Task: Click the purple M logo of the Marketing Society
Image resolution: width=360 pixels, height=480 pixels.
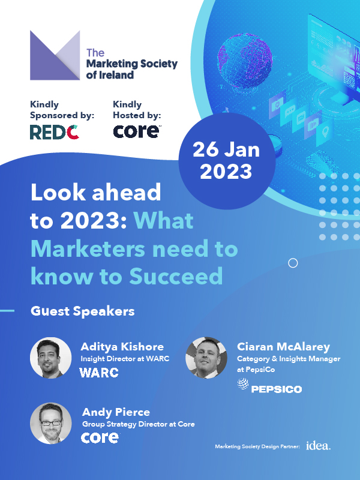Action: pos(55,55)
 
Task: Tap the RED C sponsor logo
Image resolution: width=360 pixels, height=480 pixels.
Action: pos(55,132)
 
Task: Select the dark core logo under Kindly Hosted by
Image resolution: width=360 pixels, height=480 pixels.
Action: pos(137,131)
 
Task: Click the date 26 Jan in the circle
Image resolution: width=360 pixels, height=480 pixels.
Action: pos(226,149)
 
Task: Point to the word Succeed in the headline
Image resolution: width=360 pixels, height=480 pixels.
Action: pos(176,276)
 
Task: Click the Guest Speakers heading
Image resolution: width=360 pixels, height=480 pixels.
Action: pos(83,311)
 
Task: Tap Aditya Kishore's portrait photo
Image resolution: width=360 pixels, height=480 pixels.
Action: pos(51,358)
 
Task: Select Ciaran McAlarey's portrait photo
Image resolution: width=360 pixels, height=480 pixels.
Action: pos(206,358)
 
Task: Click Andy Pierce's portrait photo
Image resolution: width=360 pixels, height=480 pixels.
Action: pos(51,423)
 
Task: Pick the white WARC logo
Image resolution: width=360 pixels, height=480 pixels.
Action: pos(99,373)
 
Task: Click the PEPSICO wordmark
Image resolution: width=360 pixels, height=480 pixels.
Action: pos(277,389)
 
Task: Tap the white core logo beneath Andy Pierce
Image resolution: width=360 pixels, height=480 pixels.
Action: pos(100,438)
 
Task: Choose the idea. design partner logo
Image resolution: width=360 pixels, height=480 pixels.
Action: pos(319,446)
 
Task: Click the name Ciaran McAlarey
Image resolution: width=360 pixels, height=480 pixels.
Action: pos(283,347)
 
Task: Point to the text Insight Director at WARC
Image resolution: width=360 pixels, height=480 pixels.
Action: pos(125,359)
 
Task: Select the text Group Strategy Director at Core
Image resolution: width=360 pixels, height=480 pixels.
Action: pos(139,424)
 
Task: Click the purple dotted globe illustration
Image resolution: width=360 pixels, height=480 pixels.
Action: pos(245,61)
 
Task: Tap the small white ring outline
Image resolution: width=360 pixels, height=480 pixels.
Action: pos(293,263)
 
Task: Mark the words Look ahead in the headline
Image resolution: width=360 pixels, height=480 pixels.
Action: pos(96,193)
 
